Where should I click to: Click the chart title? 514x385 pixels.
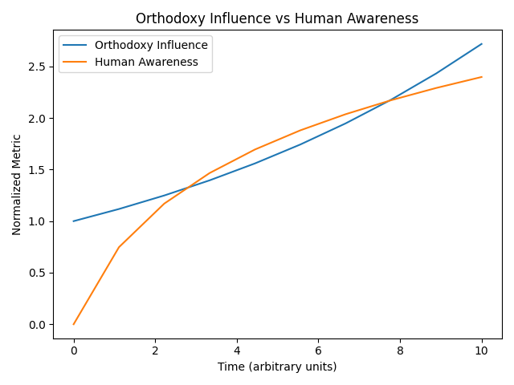pos(277,18)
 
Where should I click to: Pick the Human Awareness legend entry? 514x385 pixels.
pos(146,62)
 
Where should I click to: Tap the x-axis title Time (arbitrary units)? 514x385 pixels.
pos(277,367)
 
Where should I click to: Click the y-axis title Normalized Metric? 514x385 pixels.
pos(17,185)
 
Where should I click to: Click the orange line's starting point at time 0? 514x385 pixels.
pos(74,324)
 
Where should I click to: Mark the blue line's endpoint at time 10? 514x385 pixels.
pos(482,44)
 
